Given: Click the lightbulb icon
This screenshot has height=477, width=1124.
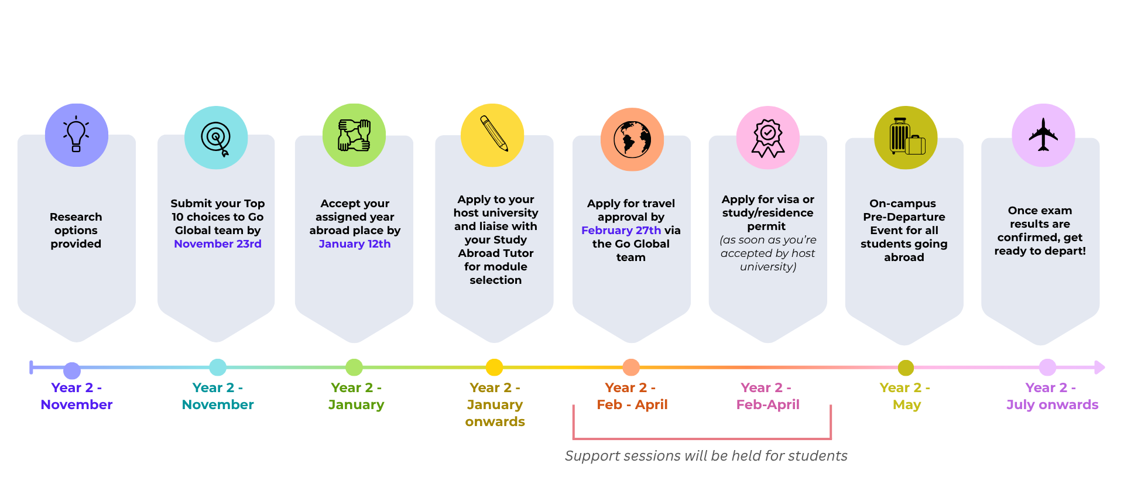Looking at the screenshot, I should coord(76,135).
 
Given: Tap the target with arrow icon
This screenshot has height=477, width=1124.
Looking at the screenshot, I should coord(216,138).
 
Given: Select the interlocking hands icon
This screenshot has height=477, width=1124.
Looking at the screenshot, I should coord(354,135).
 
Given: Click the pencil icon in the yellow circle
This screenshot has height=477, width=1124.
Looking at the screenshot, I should coord(493,134).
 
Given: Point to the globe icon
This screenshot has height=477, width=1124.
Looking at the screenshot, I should coord(632,139).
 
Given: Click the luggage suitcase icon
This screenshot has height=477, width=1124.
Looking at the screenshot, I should coord(906,138).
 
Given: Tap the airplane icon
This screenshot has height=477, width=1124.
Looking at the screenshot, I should coord(1043,135).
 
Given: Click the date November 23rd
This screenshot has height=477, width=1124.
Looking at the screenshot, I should coord(218,244).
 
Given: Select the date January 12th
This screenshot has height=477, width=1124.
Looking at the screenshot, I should coord(355,244).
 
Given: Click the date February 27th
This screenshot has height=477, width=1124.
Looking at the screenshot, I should coord(621,231).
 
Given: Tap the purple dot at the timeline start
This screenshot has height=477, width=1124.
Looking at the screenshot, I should coord(72,370).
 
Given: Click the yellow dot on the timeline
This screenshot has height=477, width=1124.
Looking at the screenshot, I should coord(495,368).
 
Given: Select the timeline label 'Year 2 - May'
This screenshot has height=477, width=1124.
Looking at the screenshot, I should coord(906,396).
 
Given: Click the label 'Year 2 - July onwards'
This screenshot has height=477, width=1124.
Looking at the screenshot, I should coord(1052,396).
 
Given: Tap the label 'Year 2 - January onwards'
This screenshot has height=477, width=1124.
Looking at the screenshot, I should coord(495,404).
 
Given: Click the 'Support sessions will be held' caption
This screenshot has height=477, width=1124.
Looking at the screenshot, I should coord(706,456).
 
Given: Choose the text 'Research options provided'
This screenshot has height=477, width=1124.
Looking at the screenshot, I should coord(76,231).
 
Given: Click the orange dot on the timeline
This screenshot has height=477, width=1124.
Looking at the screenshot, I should coord(631,368).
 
